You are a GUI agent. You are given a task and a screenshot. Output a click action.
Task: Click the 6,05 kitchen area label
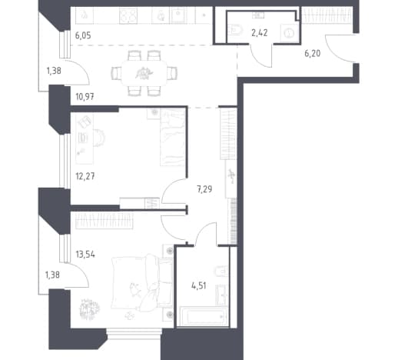click(x=83, y=35)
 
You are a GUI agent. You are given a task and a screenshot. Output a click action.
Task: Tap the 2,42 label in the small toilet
click(x=260, y=33)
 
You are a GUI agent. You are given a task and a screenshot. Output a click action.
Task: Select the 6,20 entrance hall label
click(x=313, y=53)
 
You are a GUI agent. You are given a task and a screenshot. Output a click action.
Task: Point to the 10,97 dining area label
click(x=85, y=97)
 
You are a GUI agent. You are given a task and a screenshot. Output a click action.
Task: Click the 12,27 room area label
click(x=85, y=176)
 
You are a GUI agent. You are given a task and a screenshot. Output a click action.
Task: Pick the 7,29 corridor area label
click(x=204, y=189)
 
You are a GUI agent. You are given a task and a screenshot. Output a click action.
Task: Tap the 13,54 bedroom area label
click(x=85, y=255)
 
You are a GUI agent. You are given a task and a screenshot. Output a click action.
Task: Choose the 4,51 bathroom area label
click(x=199, y=285)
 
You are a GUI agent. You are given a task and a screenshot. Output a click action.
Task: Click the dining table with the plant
click(x=144, y=74)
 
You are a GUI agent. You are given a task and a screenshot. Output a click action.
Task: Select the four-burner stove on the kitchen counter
click(x=128, y=16)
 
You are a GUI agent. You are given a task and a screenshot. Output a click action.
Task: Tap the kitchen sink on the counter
click(x=178, y=15)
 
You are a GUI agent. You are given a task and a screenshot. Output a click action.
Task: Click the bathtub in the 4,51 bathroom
click(x=204, y=316)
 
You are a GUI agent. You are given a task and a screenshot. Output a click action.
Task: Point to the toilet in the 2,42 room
click(x=234, y=30)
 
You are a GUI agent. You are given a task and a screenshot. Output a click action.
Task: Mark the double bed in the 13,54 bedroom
click(x=141, y=282)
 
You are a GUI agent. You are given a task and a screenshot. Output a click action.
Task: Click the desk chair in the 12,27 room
click(x=99, y=138)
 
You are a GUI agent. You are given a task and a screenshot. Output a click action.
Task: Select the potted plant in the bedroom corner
click(x=89, y=309)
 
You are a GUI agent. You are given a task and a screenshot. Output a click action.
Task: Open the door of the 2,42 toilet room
click(x=261, y=56)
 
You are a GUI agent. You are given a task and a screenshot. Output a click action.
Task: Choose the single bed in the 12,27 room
click(x=173, y=137)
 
